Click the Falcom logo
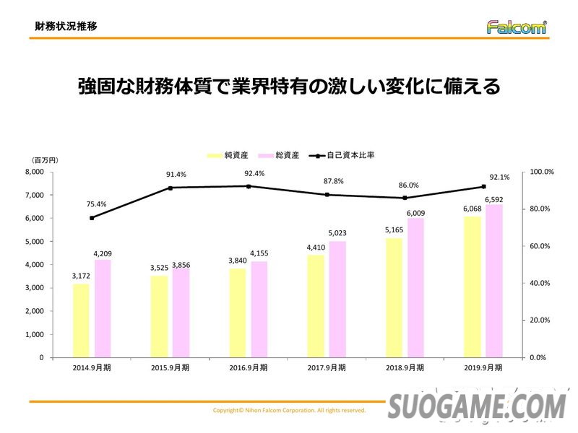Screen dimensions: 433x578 click(516, 27)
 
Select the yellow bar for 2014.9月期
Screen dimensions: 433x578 click(81, 320)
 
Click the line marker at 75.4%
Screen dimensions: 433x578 click(92, 218)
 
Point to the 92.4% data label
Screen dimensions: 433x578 click(254, 174)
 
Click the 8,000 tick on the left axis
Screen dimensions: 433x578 click(34, 172)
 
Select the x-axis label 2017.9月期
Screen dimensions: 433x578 click(326, 367)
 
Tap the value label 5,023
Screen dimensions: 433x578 click(338, 233)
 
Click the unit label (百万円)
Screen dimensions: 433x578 click(44, 159)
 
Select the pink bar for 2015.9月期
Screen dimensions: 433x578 click(181, 313)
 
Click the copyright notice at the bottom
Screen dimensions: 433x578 click(289, 410)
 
